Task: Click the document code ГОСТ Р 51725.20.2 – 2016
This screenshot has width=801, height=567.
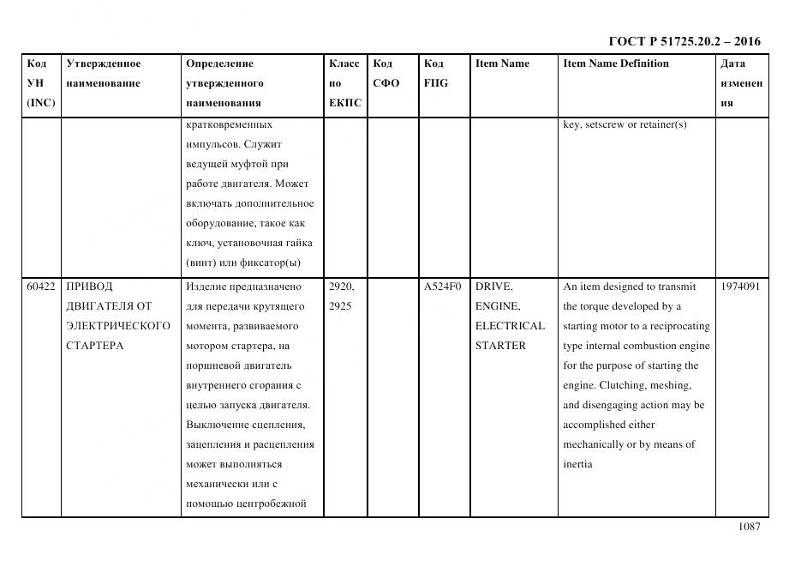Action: coord(684,41)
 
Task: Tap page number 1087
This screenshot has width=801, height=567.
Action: coord(749,528)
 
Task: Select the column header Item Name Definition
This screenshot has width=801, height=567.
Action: coord(615,63)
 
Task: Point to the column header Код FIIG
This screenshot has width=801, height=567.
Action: coord(435,74)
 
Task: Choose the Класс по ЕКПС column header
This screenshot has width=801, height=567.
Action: coord(345,83)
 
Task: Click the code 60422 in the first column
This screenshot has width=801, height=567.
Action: coord(41,287)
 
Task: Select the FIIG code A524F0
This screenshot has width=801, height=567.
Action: coord(442,287)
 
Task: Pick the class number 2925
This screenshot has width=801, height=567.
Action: coord(340,306)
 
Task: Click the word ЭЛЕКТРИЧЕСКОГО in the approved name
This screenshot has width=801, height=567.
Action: coord(118,326)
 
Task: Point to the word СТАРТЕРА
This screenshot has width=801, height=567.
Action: coord(95,346)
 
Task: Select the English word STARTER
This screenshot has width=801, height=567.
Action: coord(500,346)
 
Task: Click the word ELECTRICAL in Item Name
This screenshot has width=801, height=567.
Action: coord(510,326)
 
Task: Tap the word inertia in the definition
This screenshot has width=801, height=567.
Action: coord(578,465)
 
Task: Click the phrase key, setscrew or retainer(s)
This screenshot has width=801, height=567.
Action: coord(625,125)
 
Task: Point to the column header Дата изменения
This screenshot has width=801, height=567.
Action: coord(741,83)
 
